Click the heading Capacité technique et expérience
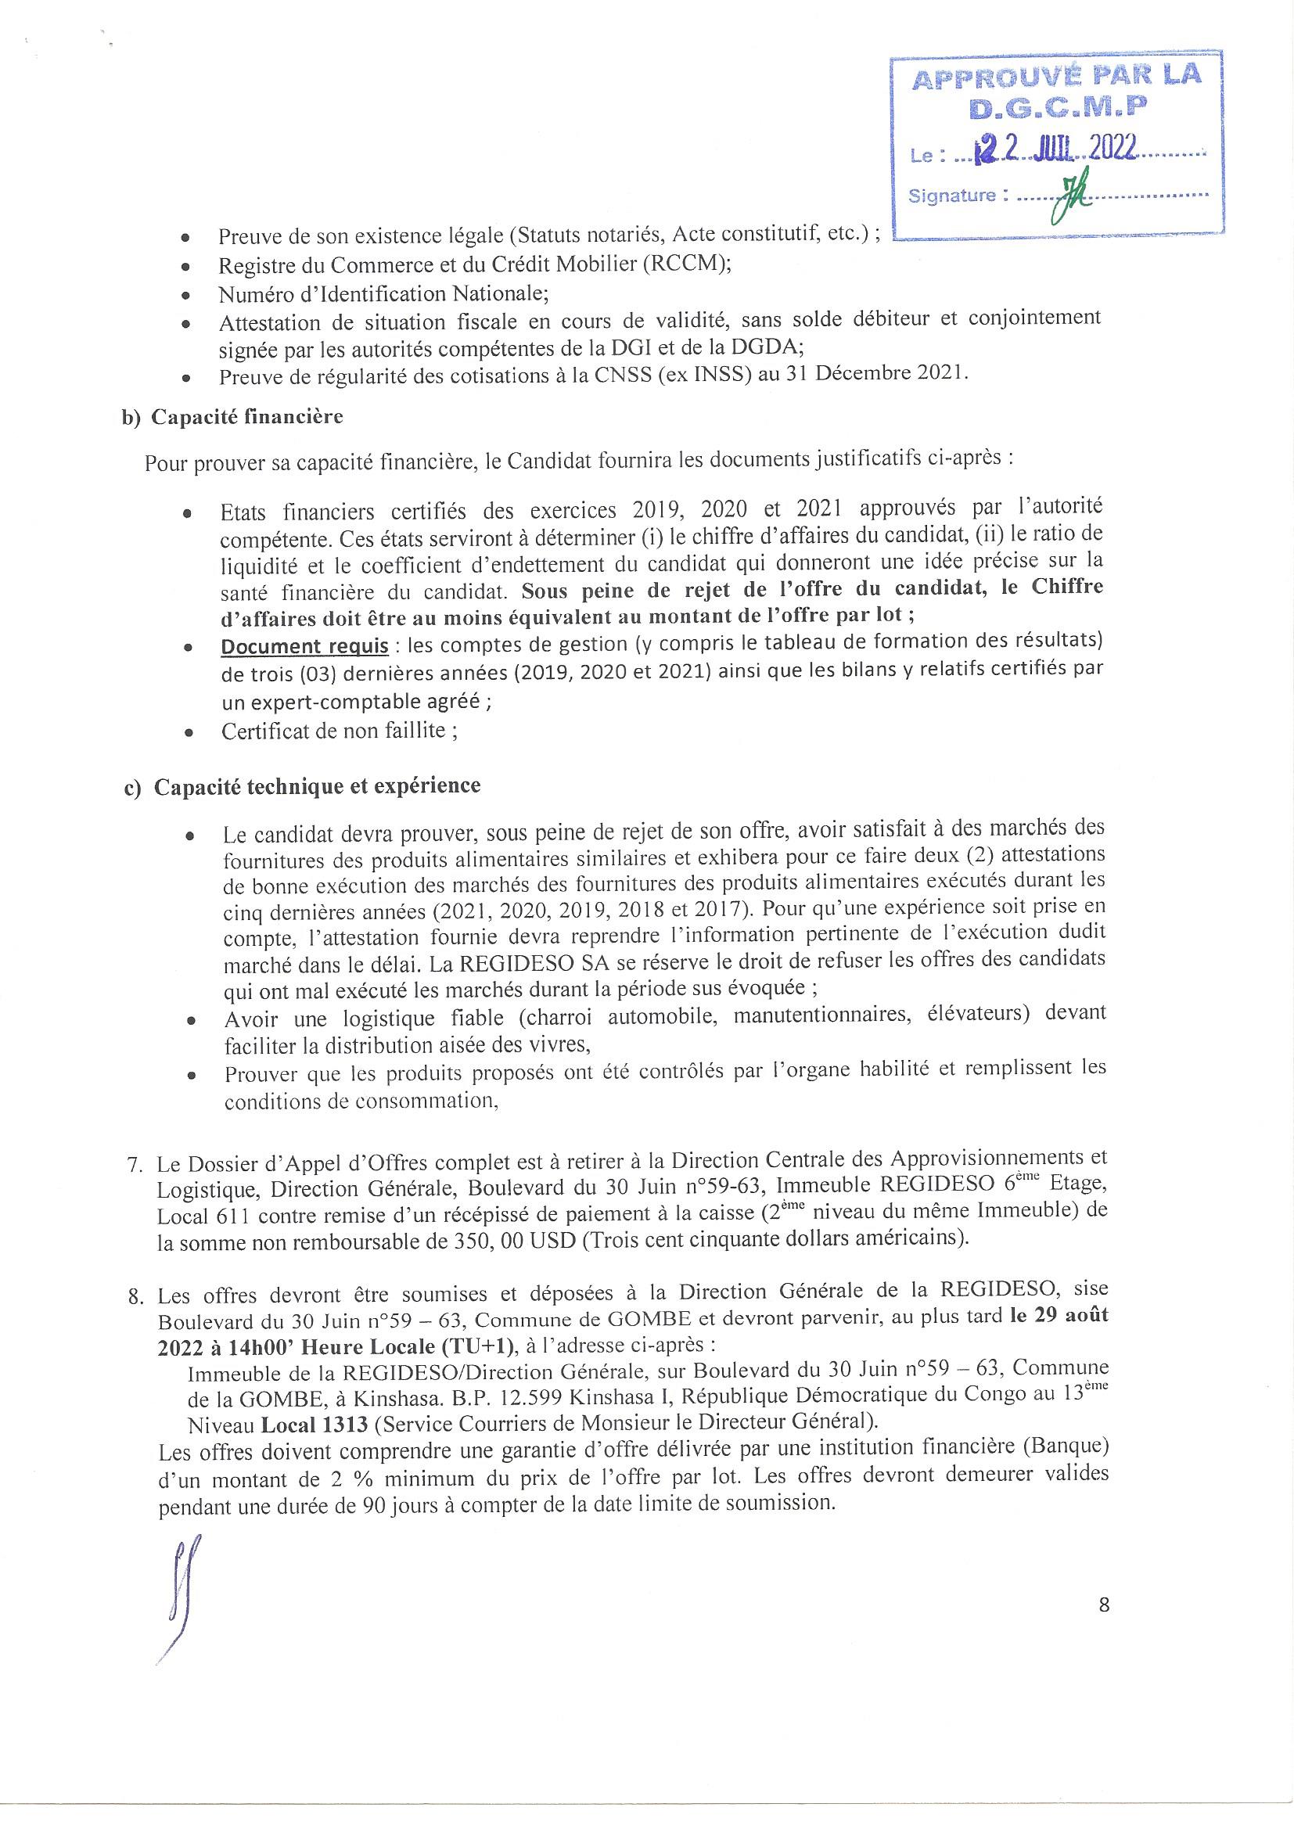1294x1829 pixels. tap(317, 787)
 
